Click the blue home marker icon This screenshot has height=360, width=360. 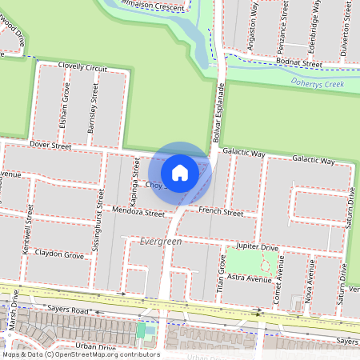[180, 172]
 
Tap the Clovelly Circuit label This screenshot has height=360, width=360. [77, 68]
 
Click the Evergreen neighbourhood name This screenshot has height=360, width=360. [161, 241]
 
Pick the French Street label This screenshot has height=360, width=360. [221, 212]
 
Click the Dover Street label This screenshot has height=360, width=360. [50, 146]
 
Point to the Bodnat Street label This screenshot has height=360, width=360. [300, 64]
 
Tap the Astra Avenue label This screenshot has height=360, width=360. [250, 278]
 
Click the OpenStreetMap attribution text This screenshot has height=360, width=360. [81, 354]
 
